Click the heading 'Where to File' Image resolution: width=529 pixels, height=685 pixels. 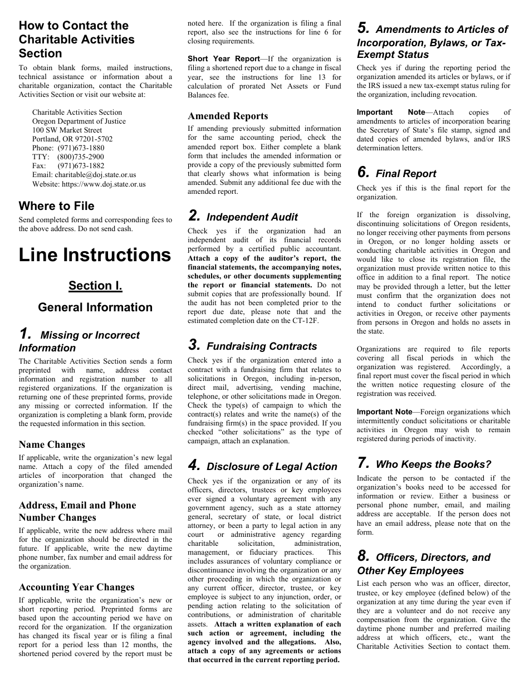coord(57,206)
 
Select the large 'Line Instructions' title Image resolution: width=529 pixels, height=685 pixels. coord(95,255)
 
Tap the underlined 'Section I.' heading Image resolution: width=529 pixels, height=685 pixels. coord(95,286)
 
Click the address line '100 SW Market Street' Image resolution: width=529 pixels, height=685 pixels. coord(67,130)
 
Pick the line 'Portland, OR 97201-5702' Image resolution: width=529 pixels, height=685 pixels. coord(72,139)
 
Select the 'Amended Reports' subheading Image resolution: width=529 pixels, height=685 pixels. coord(228,116)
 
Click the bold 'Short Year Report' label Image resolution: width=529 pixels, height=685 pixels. coord(224,58)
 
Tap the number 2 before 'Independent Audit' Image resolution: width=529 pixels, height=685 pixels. coord(194,216)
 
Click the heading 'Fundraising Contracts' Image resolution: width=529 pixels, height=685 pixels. coord(262,346)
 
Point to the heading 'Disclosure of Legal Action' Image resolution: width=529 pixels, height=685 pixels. coord(272,467)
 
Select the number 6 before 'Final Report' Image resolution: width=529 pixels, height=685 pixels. coord(363,173)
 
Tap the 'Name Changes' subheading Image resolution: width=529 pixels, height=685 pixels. coord(52,445)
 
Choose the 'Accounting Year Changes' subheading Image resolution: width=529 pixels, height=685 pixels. coord(76,588)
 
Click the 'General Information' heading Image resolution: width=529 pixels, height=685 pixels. coord(95,307)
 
